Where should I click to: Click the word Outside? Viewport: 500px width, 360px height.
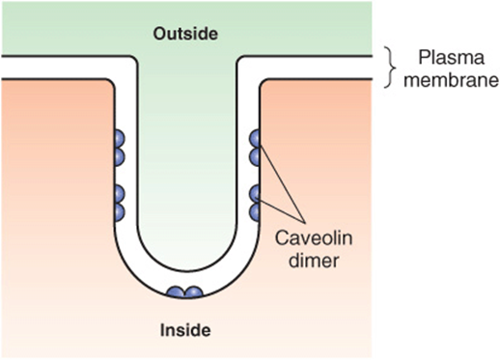(185, 34)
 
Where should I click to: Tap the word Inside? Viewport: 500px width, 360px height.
(185, 330)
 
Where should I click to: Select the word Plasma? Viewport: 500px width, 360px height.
(451, 59)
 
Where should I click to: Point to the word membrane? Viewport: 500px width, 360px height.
(451, 79)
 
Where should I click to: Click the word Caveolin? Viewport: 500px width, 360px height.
(314, 238)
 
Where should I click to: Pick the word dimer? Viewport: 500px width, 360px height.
(314, 260)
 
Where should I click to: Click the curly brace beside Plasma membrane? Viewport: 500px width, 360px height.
(389, 68)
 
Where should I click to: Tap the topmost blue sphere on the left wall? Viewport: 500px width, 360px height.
(120, 139)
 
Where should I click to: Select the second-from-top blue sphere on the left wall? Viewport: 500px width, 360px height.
(120, 157)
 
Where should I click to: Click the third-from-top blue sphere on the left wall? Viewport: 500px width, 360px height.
(120, 194)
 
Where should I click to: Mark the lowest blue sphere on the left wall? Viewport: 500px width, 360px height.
(120, 212)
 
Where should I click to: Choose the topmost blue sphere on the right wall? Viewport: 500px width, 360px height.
(255, 139)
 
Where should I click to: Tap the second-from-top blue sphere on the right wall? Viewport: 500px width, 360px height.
(255, 157)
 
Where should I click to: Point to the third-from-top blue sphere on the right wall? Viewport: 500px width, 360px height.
(255, 194)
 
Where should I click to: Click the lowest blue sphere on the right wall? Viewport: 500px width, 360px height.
(255, 212)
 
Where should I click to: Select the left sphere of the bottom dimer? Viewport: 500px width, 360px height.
(176, 292)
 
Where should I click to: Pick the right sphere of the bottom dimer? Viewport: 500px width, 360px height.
(194, 292)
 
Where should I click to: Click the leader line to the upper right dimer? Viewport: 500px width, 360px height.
(282, 184)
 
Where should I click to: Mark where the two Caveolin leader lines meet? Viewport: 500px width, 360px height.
(305, 222)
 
